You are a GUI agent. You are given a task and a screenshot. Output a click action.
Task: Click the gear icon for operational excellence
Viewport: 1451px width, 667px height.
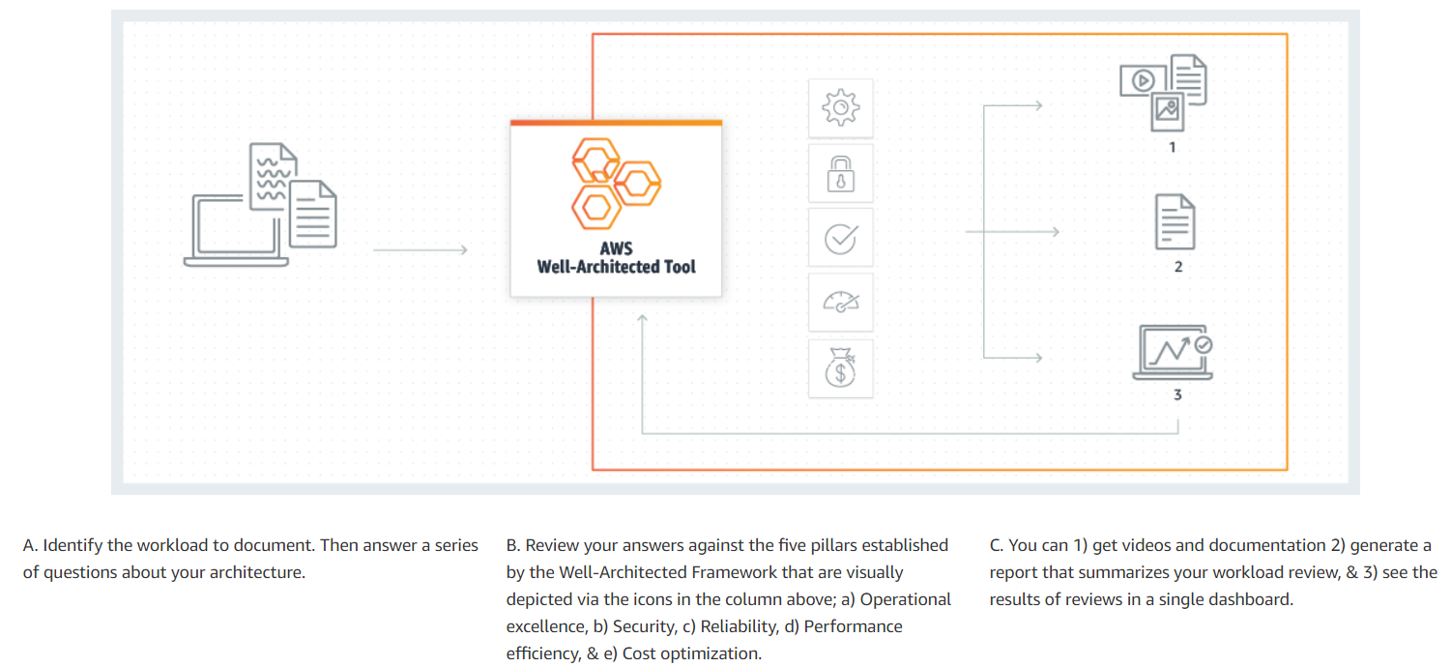(841, 107)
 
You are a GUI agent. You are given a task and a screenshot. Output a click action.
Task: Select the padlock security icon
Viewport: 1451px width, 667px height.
(841, 174)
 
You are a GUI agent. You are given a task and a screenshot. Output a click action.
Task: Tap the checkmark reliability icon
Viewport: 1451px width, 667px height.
(841, 239)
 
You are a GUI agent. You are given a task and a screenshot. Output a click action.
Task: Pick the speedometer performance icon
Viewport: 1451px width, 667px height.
(841, 303)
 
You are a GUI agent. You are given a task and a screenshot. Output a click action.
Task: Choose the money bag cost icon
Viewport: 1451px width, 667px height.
(841, 368)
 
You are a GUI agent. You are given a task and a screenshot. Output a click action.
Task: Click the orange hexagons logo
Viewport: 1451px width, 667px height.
(616, 184)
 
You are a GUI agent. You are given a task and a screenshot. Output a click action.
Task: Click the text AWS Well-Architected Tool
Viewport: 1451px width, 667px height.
(616, 258)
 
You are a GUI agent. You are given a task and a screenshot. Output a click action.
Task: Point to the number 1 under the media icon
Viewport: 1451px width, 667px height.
(1172, 148)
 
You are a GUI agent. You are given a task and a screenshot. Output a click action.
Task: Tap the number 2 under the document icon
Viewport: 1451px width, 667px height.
(1178, 267)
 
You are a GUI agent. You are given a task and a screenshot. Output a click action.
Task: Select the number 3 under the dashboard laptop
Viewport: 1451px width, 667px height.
(1177, 394)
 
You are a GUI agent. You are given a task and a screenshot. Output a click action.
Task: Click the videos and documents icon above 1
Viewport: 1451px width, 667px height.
(1163, 93)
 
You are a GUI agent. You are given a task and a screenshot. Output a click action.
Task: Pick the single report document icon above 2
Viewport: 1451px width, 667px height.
(1175, 221)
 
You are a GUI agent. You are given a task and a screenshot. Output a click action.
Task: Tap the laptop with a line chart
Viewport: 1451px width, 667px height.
(1173, 352)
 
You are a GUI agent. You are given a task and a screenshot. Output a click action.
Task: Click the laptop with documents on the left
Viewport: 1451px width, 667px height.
(260, 205)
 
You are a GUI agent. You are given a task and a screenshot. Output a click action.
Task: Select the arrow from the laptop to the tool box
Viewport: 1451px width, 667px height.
(421, 249)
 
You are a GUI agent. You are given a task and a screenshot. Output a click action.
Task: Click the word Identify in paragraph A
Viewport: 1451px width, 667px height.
(73, 545)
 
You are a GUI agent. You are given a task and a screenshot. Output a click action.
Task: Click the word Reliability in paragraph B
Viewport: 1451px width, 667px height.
(740, 626)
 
